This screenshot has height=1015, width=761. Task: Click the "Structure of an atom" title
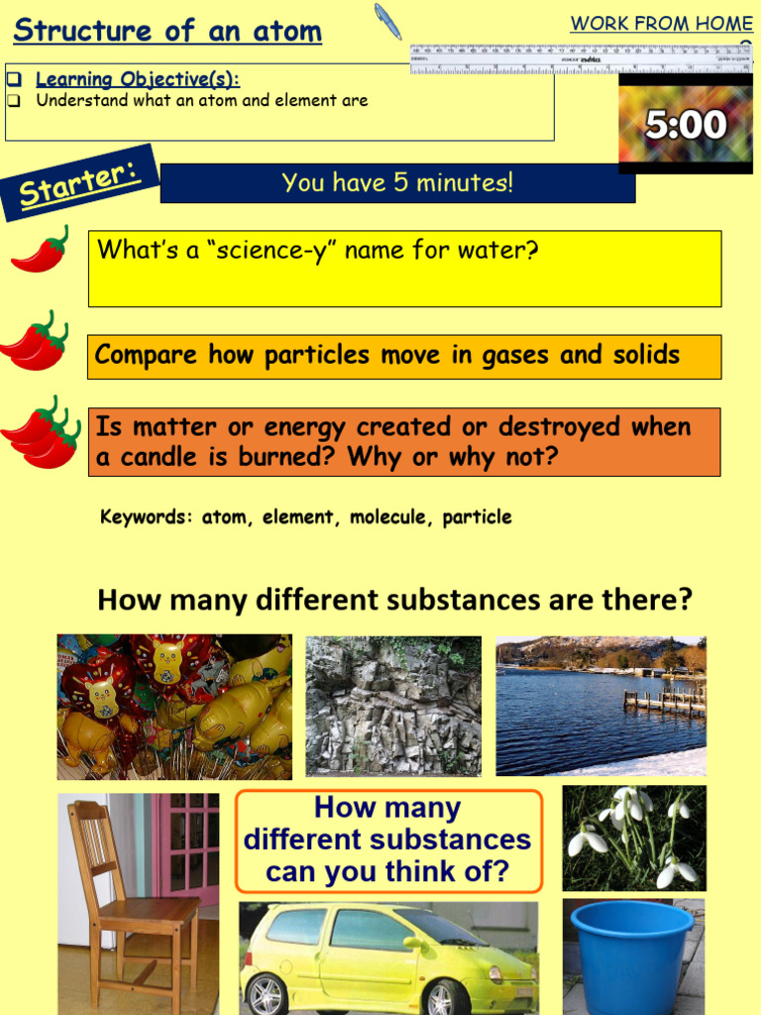[x=167, y=31]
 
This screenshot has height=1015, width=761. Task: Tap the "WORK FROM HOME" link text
[x=661, y=24]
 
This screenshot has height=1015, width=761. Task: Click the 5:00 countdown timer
[x=686, y=125]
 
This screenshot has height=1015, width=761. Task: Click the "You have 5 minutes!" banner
[x=397, y=183]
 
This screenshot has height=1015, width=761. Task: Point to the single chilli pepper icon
[x=41, y=251]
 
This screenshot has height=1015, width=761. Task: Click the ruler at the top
[x=581, y=58]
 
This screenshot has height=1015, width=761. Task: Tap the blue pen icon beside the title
[x=387, y=21]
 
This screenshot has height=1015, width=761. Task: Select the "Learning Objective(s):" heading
[x=138, y=79]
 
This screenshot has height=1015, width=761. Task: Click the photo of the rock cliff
[x=393, y=706]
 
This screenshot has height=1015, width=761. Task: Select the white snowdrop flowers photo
[x=634, y=838]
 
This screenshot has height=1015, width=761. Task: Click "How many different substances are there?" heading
[x=394, y=601]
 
